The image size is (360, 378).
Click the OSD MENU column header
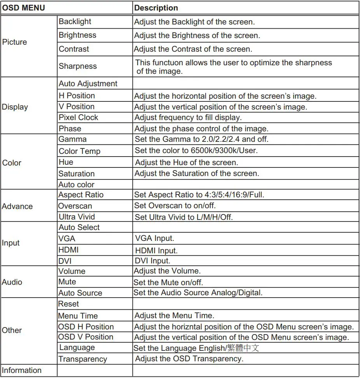24,8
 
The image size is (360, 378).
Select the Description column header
156,8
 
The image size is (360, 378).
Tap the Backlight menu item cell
75,22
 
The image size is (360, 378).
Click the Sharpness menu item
78,66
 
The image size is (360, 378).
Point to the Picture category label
15,42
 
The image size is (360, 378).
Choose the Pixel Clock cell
79,117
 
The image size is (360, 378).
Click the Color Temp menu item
79,151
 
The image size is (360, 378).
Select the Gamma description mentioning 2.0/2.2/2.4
201,139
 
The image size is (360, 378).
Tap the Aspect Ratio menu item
81,195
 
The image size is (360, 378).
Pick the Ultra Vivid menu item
77,217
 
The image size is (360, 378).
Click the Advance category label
17,206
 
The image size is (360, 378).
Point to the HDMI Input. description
156,251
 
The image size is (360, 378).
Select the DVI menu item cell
65,261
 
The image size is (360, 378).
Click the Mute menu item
67,282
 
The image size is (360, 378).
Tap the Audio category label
12,282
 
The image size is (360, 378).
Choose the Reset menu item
68,304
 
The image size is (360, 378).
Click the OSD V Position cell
86,337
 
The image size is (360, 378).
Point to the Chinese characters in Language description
244,348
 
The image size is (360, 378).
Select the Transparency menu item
83,359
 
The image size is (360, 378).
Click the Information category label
22,370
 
